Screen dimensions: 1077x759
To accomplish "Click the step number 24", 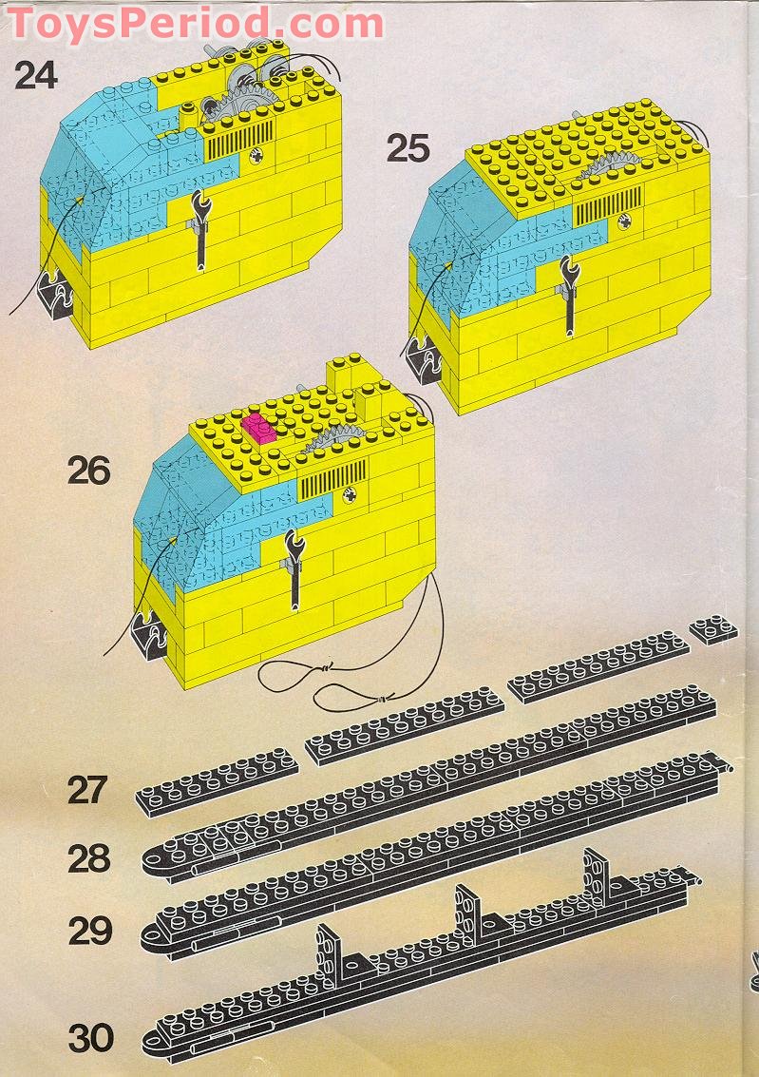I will (35, 75).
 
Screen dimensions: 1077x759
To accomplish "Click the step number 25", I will (408, 148).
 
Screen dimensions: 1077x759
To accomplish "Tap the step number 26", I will (88, 471).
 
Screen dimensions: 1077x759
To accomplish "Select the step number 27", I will (88, 790).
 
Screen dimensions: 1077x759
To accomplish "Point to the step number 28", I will (88, 859).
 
